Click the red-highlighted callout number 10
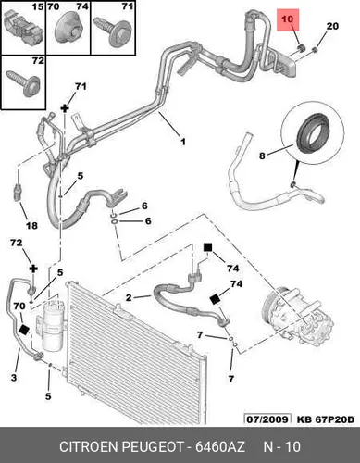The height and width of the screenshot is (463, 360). point(287,19)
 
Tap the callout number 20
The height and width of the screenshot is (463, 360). point(332,26)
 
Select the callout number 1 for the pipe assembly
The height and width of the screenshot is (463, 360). point(183,142)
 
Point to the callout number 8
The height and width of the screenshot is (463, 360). point(262,156)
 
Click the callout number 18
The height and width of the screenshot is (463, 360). point(31,226)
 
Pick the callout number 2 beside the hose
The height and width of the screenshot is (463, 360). point(129,298)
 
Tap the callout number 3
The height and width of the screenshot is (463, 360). point(14,377)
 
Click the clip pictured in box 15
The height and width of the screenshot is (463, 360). point(22,28)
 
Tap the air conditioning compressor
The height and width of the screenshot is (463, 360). point(297,318)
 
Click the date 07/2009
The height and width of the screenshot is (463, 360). point(267,419)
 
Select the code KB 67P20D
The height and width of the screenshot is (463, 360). point(326,419)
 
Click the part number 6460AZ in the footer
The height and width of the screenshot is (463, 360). point(220,447)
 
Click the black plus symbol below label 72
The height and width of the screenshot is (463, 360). point(33,269)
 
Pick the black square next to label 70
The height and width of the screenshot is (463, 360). point(24,330)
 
